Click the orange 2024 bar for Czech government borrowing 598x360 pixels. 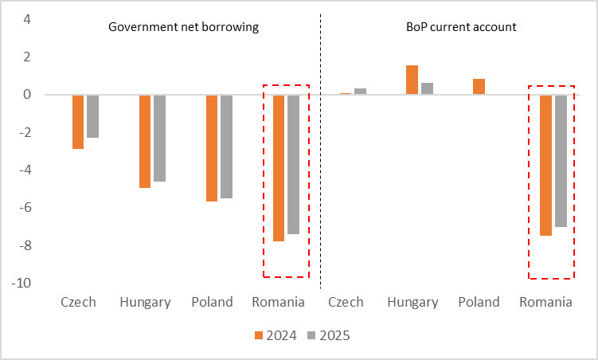point(78,121)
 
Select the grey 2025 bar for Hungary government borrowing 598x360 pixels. point(159,138)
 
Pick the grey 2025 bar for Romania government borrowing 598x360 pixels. point(293,164)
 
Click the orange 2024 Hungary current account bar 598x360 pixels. point(412,80)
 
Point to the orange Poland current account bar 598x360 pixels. point(479,86)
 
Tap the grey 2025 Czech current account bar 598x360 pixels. point(360,91)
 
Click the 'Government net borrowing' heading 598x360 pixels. point(184,27)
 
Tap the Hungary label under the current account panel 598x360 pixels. point(412,303)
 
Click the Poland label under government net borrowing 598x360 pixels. point(212,303)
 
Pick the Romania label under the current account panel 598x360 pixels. point(545,303)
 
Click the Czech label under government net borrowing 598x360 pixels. point(78,303)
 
